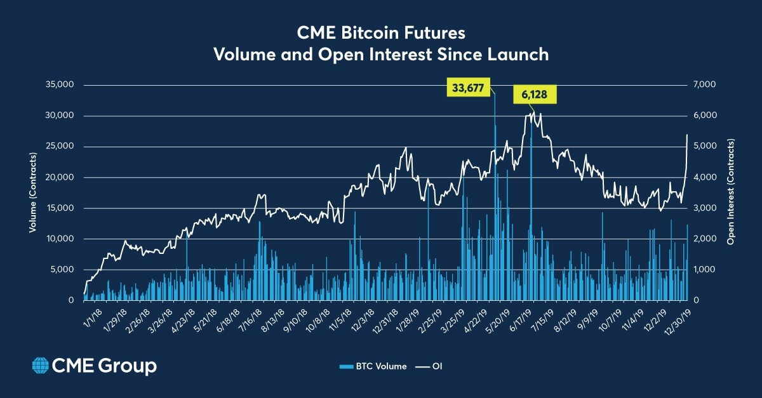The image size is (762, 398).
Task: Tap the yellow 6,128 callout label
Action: click(x=535, y=95)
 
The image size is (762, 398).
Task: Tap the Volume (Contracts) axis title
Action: click(x=32, y=192)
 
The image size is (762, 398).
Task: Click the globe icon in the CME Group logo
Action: click(x=40, y=366)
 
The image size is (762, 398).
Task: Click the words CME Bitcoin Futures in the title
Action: click(x=380, y=32)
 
